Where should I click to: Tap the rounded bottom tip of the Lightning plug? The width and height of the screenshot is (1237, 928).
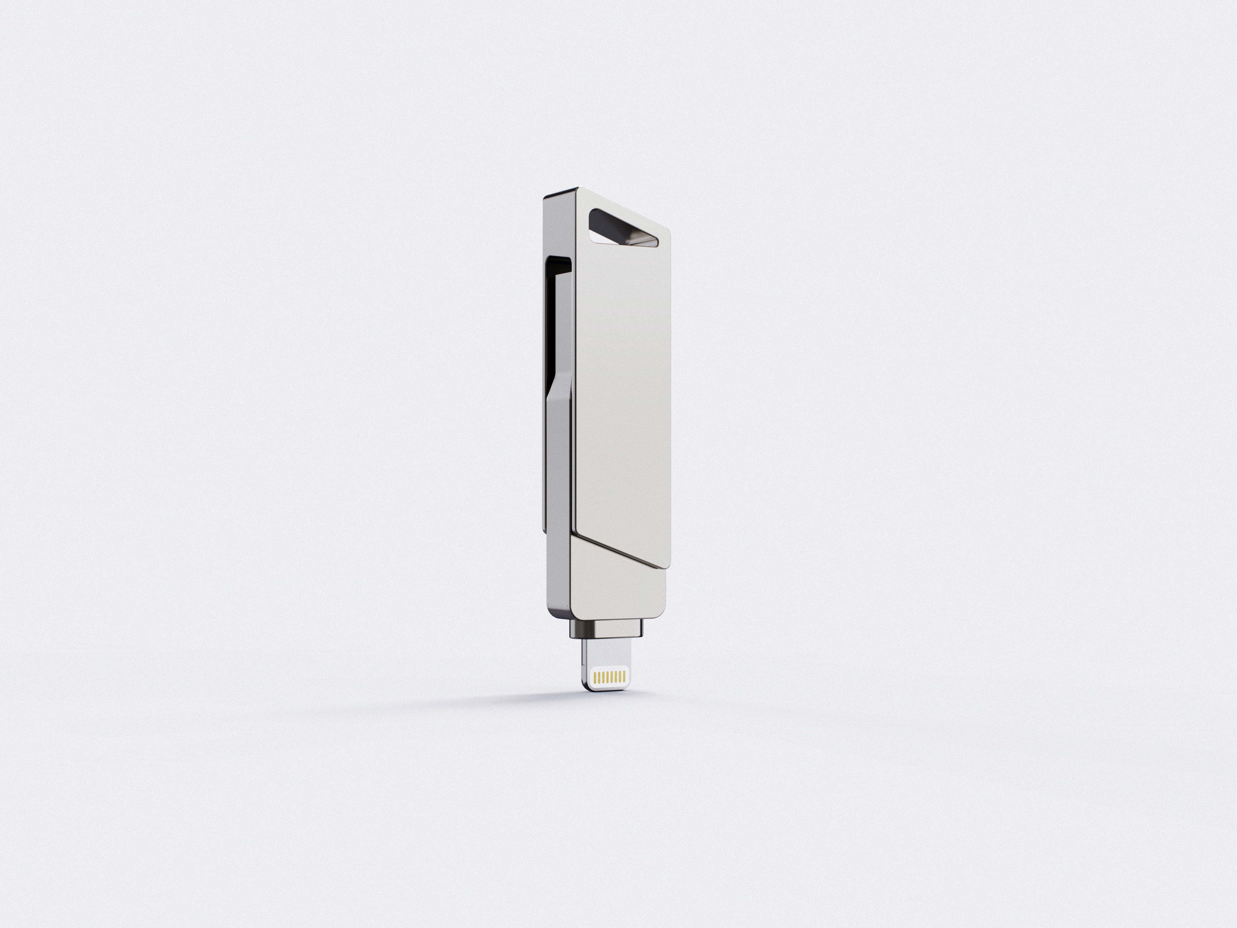(x=608, y=689)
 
